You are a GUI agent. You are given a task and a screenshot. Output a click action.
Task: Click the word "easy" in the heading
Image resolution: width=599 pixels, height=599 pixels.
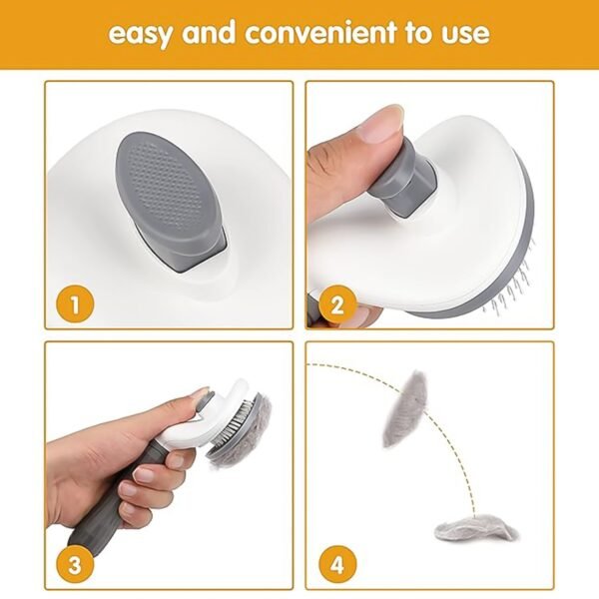pyautogui.click(x=141, y=33)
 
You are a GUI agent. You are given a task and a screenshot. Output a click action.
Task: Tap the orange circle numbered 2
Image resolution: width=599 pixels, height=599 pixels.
pyautogui.click(x=337, y=300)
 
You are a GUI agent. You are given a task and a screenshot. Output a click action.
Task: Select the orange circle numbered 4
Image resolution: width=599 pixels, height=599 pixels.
pyautogui.click(x=337, y=563)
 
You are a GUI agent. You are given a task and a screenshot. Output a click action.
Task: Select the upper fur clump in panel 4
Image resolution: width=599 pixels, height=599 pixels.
pyautogui.click(x=404, y=409)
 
